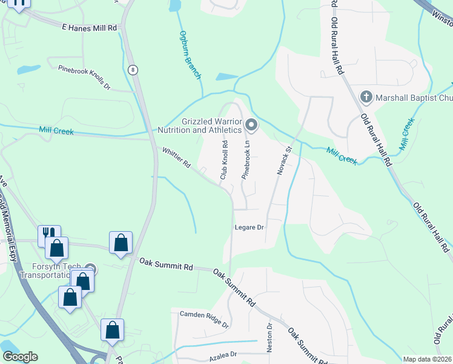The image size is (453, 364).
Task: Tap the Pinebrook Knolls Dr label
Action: [x=84, y=78]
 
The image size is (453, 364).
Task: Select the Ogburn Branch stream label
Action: [x=190, y=55]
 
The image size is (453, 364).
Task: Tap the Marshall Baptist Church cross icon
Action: [x=366, y=96]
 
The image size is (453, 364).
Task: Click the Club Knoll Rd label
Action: [x=223, y=160]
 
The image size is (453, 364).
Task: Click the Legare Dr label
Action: [x=250, y=227]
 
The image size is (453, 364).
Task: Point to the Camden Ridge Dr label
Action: [x=204, y=318]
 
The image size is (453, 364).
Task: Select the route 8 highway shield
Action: [x=133, y=70]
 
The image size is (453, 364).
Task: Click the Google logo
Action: [x=20, y=357]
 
